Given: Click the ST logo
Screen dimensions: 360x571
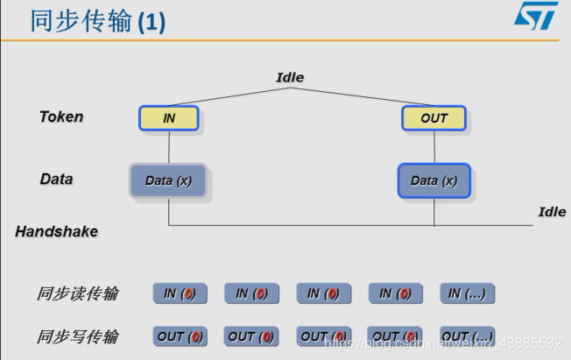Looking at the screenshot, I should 535,17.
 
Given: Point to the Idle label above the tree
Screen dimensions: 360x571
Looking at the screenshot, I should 290,77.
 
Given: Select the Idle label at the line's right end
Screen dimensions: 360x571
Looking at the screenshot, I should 552,212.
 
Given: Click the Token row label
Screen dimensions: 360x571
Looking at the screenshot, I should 61,116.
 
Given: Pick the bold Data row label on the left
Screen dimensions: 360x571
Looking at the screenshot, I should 57,179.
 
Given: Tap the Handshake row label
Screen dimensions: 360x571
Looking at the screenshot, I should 57,231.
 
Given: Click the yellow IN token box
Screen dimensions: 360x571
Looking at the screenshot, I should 169,118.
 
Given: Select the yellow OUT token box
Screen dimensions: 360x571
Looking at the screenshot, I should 434,118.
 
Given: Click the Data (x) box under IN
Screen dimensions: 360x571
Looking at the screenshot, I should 169,180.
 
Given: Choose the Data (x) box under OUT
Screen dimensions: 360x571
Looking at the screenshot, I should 434,180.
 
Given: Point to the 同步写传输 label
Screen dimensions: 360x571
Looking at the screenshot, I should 78,336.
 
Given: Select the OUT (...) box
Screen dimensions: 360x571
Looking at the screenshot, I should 468,336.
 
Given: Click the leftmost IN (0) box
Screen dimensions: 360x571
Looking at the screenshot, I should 180,294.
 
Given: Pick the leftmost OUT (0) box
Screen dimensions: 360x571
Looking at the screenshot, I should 180,336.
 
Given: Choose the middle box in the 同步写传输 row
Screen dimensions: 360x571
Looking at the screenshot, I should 324,336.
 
